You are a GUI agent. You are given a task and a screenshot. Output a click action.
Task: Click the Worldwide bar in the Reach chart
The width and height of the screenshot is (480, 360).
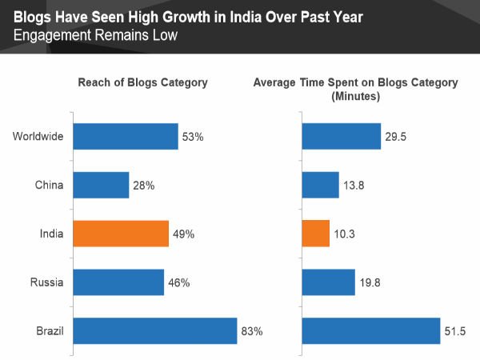[x=125, y=137]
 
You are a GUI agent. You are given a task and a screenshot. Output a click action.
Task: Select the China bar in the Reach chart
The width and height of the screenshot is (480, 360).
[x=101, y=186]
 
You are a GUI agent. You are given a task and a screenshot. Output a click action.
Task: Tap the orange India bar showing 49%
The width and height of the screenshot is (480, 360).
[x=121, y=234]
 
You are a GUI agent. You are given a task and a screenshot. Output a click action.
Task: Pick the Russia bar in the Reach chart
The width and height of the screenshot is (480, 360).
[x=118, y=282]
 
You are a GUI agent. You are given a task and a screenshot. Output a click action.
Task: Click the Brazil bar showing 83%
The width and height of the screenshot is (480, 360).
[x=155, y=330]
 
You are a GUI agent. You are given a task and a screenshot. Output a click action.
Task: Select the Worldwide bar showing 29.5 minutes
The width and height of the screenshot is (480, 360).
[x=342, y=137]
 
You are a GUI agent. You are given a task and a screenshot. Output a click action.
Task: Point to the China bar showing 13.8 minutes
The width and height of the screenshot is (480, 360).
[x=321, y=186]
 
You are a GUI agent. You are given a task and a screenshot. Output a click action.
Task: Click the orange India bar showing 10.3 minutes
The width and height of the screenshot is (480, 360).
[x=316, y=234]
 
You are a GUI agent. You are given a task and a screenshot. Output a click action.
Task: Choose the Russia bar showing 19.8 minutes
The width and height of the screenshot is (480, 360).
[x=329, y=282]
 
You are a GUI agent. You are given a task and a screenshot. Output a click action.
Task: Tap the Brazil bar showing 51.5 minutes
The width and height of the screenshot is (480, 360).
[x=371, y=330]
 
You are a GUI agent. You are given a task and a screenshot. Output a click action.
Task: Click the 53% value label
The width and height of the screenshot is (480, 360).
[x=194, y=138]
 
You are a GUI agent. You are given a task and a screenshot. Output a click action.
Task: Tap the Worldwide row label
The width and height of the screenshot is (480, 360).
[x=38, y=137]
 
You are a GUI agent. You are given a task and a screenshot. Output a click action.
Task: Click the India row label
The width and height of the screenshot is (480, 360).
[x=51, y=234]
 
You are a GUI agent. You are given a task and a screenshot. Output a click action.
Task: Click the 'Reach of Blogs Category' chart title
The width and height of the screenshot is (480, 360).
[x=142, y=82]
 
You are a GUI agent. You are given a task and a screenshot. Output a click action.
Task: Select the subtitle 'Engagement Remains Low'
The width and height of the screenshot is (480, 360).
[x=94, y=35]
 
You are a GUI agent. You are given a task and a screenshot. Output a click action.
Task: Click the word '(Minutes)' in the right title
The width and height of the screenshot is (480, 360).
[x=355, y=96]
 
